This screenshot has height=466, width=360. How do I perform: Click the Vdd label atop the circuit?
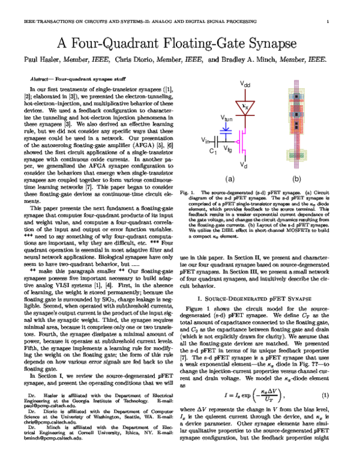click(245, 85)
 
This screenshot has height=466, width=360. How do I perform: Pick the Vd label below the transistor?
click(245, 165)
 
